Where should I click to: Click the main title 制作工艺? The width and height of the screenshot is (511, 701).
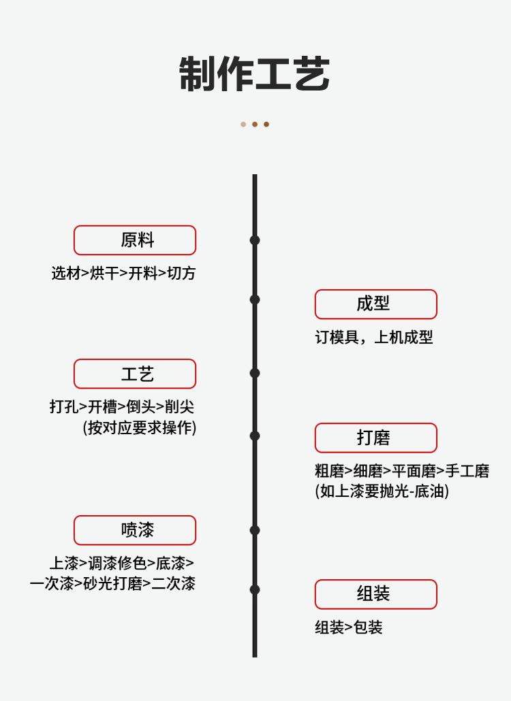(x=255, y=74)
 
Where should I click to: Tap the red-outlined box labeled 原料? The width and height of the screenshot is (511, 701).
(x=135, y=240)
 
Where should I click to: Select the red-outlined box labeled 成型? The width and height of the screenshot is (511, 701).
(x=375, y=304)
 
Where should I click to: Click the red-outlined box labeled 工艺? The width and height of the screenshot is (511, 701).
(x=135, y=374)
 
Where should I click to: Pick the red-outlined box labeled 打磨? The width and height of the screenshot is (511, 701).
(x=375, y=438)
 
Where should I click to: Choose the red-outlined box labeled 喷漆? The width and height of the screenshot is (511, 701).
(x=135, y=530)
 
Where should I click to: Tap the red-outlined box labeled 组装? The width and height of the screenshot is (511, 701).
(x=375, y=594)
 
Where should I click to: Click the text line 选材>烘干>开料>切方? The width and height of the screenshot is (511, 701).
(x=123, y=274)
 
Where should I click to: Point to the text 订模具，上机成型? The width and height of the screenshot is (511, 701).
(x=373, y=338)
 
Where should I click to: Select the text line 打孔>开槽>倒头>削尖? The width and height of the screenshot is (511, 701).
(x=122, y=407)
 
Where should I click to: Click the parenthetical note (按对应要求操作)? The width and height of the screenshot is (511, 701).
(x=140, y=427)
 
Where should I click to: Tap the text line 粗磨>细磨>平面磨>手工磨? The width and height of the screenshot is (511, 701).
(x=402, y=471)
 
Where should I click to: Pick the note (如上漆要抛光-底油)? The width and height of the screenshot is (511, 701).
(x=382, y=491)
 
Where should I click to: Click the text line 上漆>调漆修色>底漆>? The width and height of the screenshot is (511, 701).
(x=121, y=564)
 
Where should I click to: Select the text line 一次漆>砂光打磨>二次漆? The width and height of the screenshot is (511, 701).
(x=112, y=583)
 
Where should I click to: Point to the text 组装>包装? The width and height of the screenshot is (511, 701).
(x=348, y=627)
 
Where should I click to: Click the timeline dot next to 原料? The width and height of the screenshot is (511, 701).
(x=255, y=240)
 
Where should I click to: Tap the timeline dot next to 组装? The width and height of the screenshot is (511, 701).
(x=255, y=589)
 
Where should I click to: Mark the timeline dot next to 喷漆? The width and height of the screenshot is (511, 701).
(x=255, y=530)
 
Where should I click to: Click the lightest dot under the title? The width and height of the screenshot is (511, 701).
(x=243, y=125)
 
